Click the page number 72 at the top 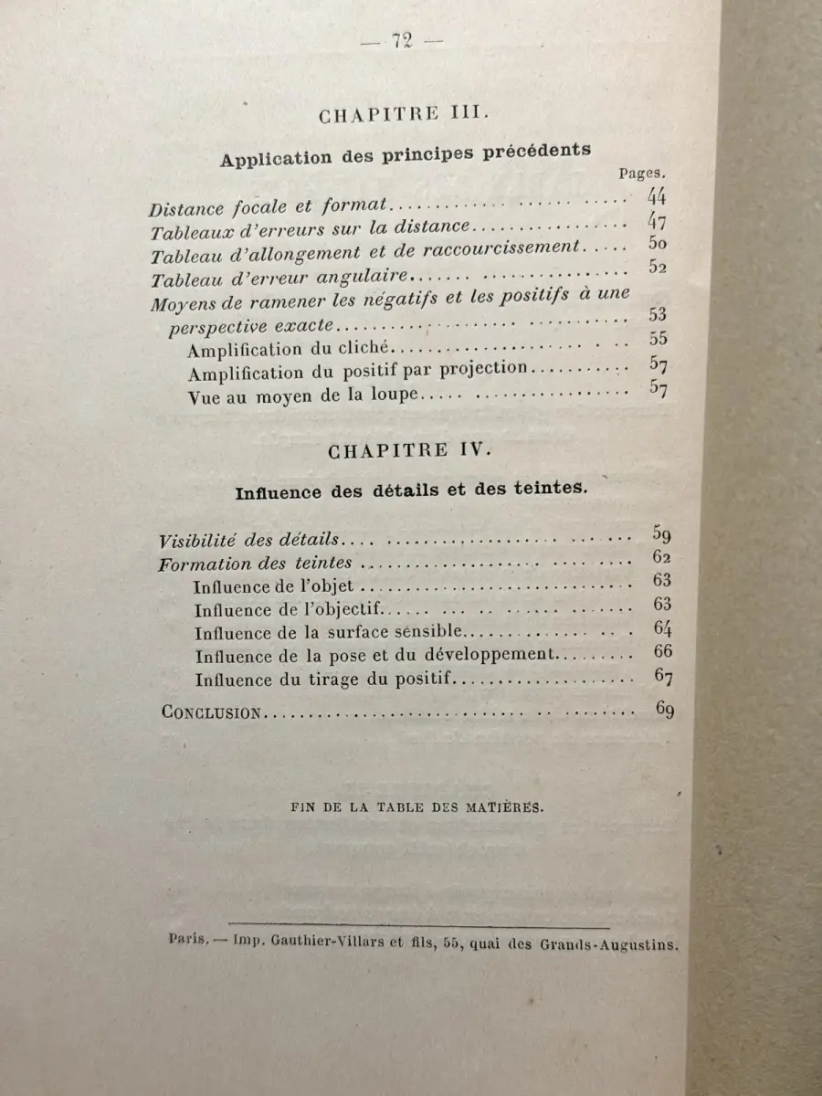click(402, 41)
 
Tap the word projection click(487, 369)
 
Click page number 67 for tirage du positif click(663, 677)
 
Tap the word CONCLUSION click(211, 712)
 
